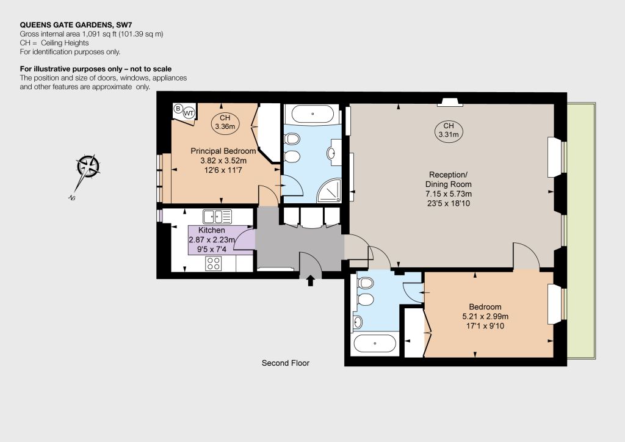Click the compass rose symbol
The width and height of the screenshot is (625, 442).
88,166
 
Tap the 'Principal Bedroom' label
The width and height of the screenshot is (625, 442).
223,151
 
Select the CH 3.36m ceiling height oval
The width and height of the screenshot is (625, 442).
225,122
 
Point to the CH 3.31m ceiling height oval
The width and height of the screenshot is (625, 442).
449,130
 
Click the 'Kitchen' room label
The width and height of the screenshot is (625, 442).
212,230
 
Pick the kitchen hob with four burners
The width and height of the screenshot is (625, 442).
214,264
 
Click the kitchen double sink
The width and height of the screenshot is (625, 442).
217,217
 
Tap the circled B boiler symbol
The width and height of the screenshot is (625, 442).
178,108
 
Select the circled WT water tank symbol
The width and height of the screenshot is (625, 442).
189,113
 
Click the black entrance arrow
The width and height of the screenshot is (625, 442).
310,281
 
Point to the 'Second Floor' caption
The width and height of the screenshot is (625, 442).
286,363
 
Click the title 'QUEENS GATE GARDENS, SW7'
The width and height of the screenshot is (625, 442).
76,25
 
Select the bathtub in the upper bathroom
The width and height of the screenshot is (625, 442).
313,114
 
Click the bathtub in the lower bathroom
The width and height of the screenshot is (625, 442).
375,343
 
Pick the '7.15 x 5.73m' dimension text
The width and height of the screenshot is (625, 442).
449,194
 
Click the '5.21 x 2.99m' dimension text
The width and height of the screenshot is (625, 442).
485,316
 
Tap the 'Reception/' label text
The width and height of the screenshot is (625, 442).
448,175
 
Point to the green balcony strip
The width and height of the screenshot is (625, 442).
581,231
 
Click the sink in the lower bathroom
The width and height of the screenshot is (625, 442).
358,322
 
